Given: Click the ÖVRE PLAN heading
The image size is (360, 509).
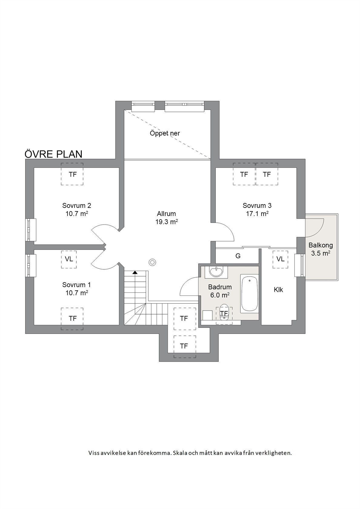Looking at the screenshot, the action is (x=53, y=154).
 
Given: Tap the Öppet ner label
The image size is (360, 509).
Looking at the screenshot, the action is (x=165, y=133).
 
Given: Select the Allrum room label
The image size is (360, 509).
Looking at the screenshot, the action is (x=166, y=214).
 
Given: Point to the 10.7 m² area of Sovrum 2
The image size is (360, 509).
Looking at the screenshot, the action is (x=77, y=214).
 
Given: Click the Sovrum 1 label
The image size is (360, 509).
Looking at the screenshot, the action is (x=77, y=285).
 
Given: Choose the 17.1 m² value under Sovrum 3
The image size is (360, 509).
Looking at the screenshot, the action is (x=257, y=214).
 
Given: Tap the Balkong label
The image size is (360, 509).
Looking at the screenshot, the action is (x=321, y=245).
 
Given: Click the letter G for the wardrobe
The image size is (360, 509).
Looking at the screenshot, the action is (x=238, y=256).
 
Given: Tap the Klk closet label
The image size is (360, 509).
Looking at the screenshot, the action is (x=278, y=290).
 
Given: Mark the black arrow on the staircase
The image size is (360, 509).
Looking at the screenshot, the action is (x=135, y=272).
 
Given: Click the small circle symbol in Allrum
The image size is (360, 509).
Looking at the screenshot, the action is (x=152, y=262).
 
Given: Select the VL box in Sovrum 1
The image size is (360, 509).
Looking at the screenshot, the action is (x=69, y=259).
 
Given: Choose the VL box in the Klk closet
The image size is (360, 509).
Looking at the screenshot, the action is (x=280, y=259).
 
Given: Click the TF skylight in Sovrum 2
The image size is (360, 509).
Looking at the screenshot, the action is (x=72, y=174).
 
